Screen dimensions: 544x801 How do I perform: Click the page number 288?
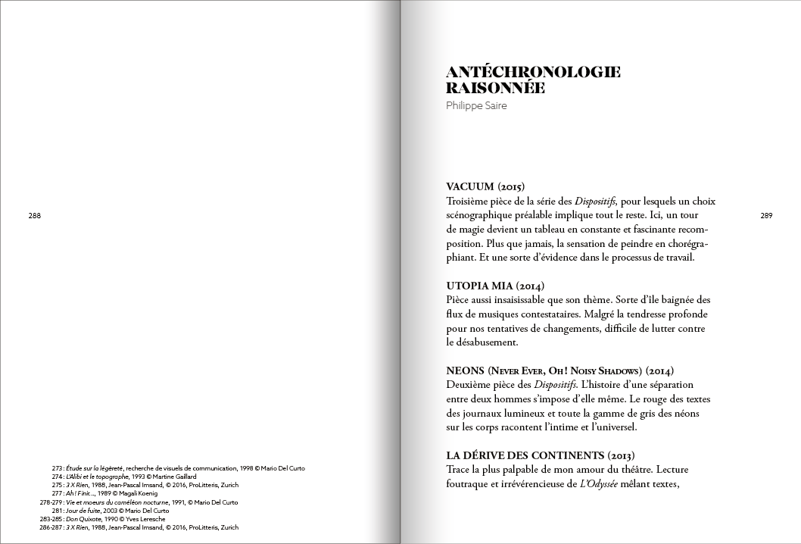[x=34, y=216]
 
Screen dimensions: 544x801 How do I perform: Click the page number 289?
[x=766, y=216]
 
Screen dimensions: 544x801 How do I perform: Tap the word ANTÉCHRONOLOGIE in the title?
[x=533, y=73]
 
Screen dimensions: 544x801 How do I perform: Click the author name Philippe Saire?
[x=476, y=105]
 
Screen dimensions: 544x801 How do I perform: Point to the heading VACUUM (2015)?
[x=485, y=187]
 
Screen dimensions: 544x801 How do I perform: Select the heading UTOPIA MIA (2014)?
[x=496, y=286]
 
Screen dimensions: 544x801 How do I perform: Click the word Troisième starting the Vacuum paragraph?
[x=472, y=201]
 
